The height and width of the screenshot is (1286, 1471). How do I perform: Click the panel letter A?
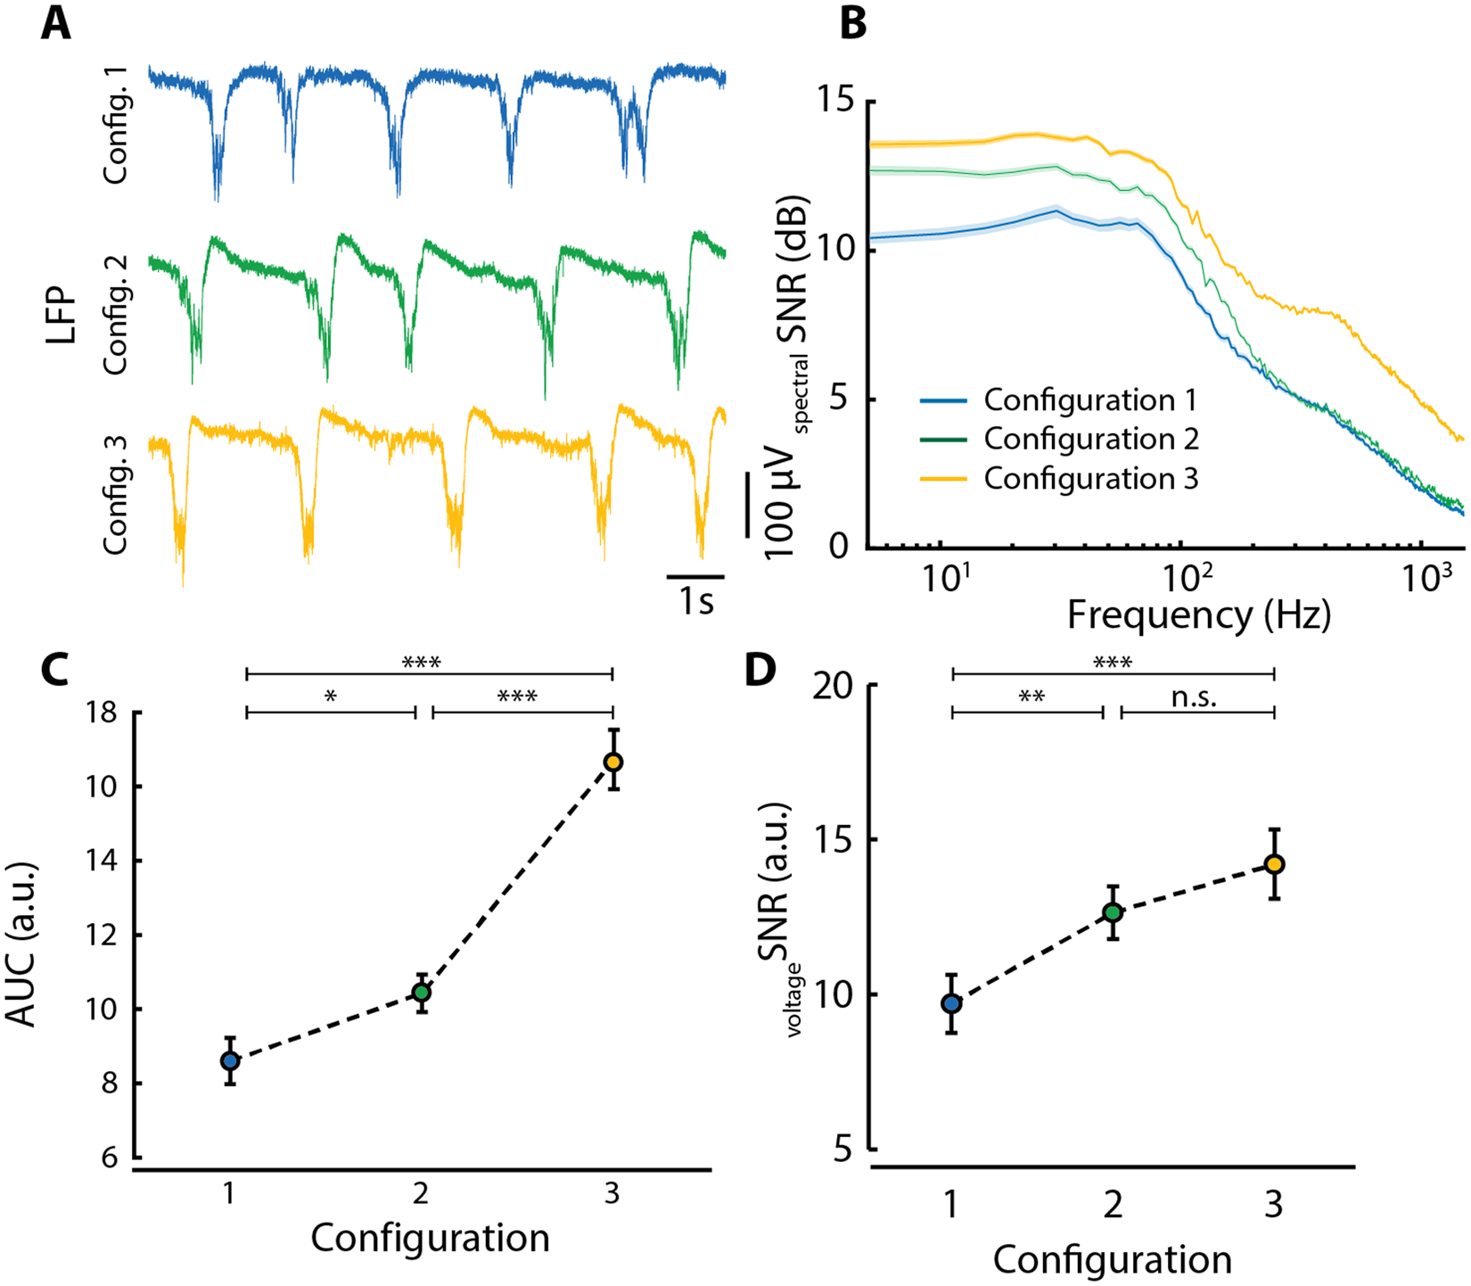tap(55, 24)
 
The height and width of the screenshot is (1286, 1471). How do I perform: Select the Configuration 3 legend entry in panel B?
tap(1090, 479)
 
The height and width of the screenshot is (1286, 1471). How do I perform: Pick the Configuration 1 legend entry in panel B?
tap(1089, 400)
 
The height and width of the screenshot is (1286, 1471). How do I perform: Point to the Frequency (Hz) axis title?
tap(1198, 615)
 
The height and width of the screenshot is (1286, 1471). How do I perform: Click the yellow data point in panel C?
tap(612, 762)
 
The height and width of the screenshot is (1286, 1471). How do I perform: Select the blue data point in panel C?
tap(230, 1060)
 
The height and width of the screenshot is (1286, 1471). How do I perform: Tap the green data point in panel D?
tap(1113, 912)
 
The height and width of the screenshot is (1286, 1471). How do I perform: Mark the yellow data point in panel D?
tap(1274, 864)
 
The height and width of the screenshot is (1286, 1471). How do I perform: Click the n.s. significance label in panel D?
tap(1194, 698)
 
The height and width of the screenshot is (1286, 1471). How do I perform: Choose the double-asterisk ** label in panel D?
tap(1031, 697)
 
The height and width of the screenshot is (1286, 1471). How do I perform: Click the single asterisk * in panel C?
tap(331, 697)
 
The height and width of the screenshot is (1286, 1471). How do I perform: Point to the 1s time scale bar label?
tap(696, 602)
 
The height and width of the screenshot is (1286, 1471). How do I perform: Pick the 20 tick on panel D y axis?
tap(837, 686)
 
